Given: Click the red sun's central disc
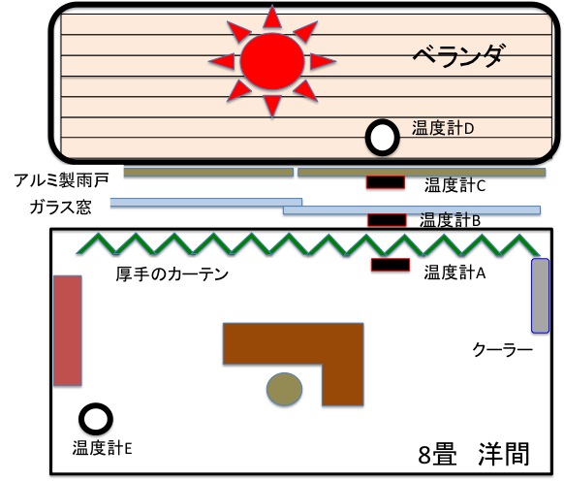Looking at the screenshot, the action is tap(272, 61).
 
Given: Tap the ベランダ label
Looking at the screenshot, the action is tap(456, 56).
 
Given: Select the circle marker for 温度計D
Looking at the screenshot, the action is tap(383, 138).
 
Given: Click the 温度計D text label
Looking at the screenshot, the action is tap(443, 128).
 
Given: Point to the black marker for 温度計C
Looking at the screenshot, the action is tap(386, 182).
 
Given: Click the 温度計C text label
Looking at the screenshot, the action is tap(455, 185).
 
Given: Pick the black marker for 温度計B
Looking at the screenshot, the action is tap(387, 220).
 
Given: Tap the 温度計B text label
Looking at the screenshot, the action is tap(450, 220).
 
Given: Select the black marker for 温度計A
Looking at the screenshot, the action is tap(391, 265).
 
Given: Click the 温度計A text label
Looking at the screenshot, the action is tap(455, 273).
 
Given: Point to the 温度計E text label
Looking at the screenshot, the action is tap(102, 448).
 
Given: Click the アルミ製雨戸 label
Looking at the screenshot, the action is tap(61, 180).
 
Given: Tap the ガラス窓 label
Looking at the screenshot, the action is tap(60, 208).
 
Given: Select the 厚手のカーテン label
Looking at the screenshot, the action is tap(172, 274).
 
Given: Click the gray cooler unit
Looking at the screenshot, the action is tap(541, 296).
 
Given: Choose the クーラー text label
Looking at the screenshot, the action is tap(502, 349).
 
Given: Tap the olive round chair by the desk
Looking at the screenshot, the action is tap(284, 389).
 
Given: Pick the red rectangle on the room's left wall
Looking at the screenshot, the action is tap(68, 331).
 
